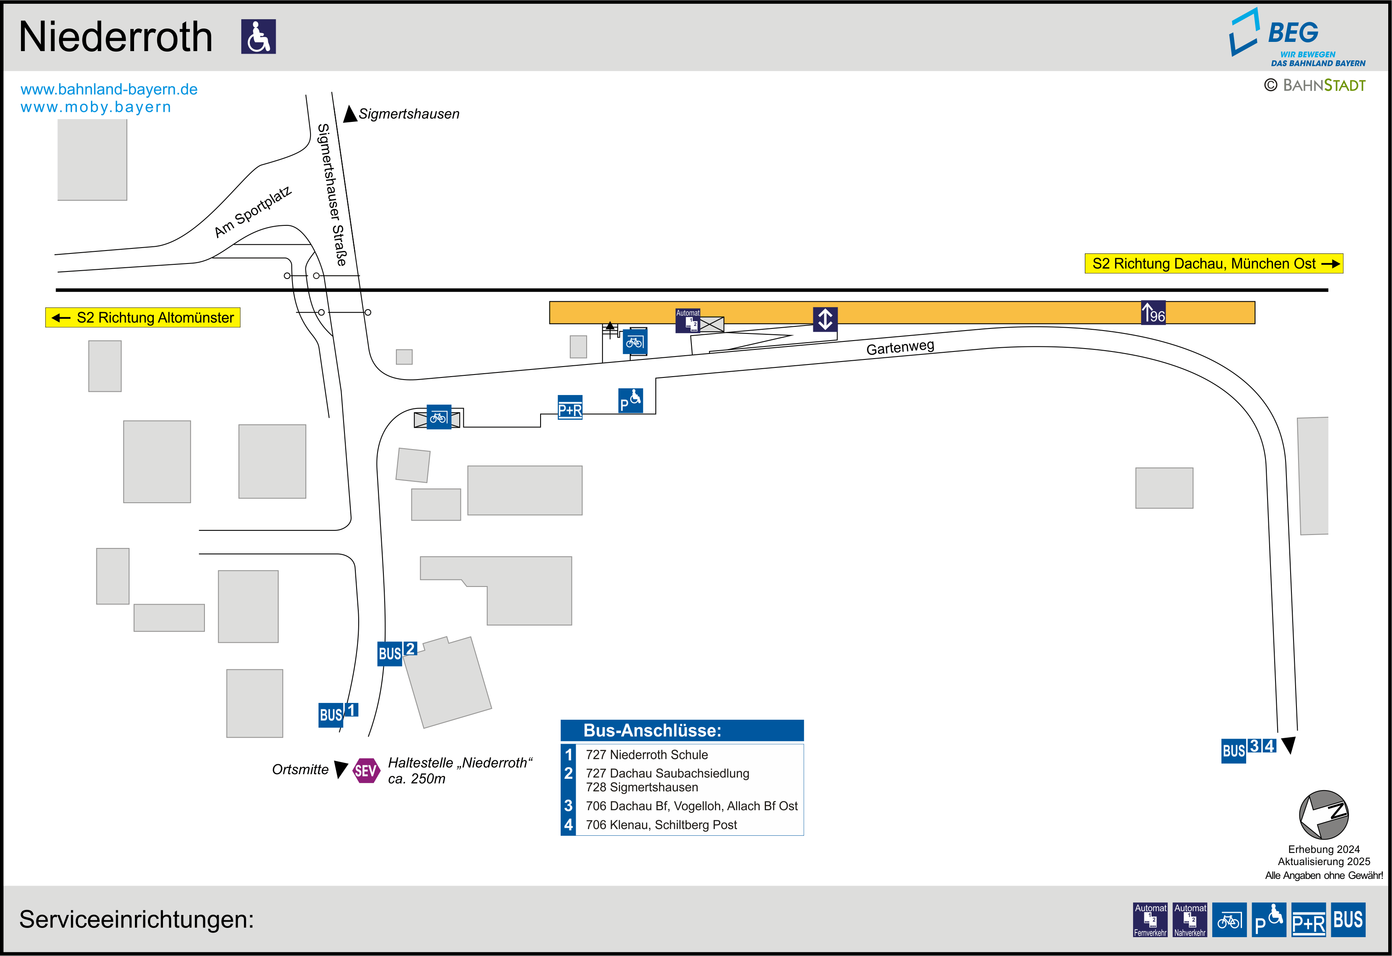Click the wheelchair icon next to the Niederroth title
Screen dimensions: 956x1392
pos(258,36)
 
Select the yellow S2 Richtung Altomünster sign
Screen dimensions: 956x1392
pos(143,318)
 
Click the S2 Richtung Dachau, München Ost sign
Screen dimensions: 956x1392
pos(1213,264)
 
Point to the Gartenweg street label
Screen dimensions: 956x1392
pos(900,347)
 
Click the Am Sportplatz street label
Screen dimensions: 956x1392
pos(253,212)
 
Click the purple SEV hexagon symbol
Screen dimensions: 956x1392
pos(365,770)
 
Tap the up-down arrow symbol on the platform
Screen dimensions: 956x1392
pos(825,319)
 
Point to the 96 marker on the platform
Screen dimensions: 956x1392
pos(1153,313)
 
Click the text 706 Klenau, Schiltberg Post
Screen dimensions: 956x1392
pos(661,825)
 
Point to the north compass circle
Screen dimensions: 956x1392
pos(1323,815)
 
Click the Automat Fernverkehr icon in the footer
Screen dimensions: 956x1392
pos(1150,920)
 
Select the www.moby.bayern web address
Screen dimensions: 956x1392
pos(96,107)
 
